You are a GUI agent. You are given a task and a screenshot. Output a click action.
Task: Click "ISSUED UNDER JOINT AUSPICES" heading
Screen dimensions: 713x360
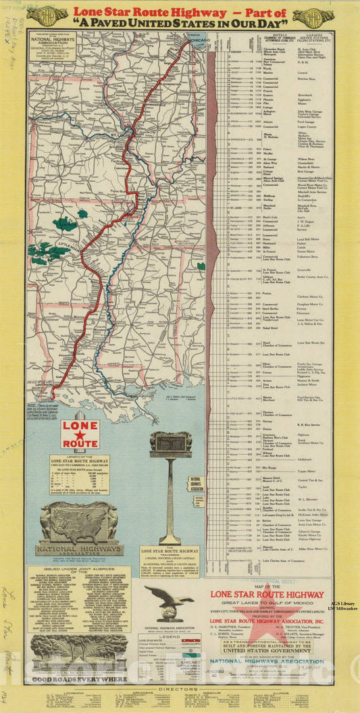[x=79, y=570]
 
